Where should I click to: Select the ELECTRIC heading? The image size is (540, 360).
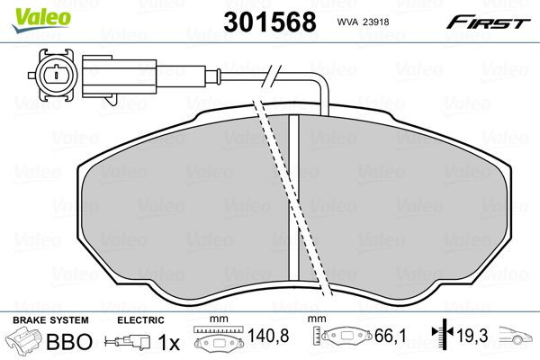(x=140, y=319)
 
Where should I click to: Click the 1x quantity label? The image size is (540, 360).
(x=167, y=342)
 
